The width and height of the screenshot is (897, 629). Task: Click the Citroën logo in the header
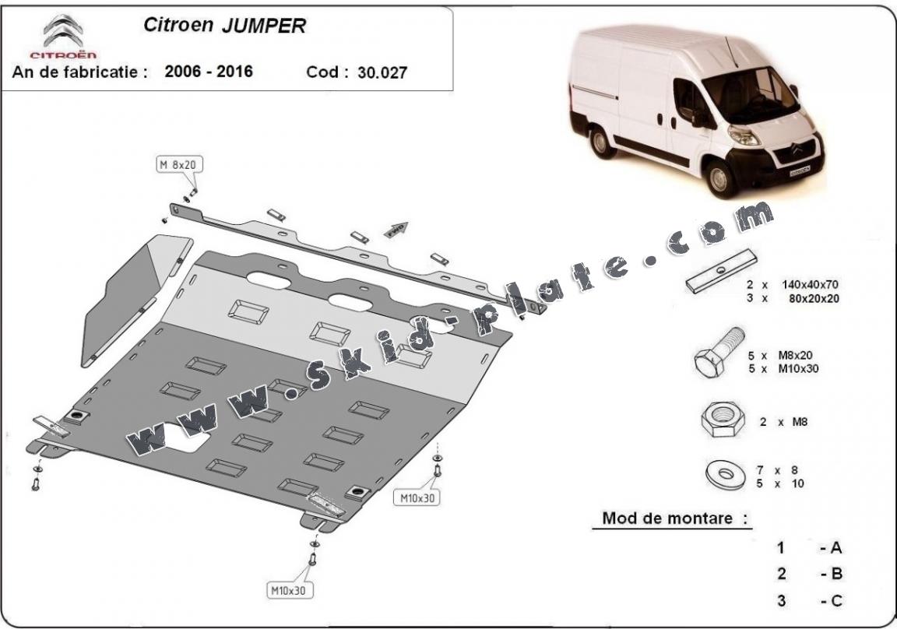[64, 37]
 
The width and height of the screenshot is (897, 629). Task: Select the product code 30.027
[382, 72]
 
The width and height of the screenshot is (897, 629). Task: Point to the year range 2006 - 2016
[208, 71]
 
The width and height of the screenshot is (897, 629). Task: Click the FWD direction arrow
[397, 230]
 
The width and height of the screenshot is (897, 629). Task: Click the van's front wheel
[718, 178]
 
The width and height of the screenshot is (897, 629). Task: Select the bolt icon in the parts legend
[719, 352]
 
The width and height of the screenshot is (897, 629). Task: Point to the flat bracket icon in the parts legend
[721, 271]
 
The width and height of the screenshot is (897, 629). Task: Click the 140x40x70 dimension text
[810, 284]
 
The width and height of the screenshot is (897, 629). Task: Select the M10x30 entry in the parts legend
[798, 369]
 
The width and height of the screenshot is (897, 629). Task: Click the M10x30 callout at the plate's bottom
[289, 590]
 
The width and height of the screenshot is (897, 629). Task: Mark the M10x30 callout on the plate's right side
[417, 498]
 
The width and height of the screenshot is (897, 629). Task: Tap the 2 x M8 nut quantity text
[784, 422]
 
